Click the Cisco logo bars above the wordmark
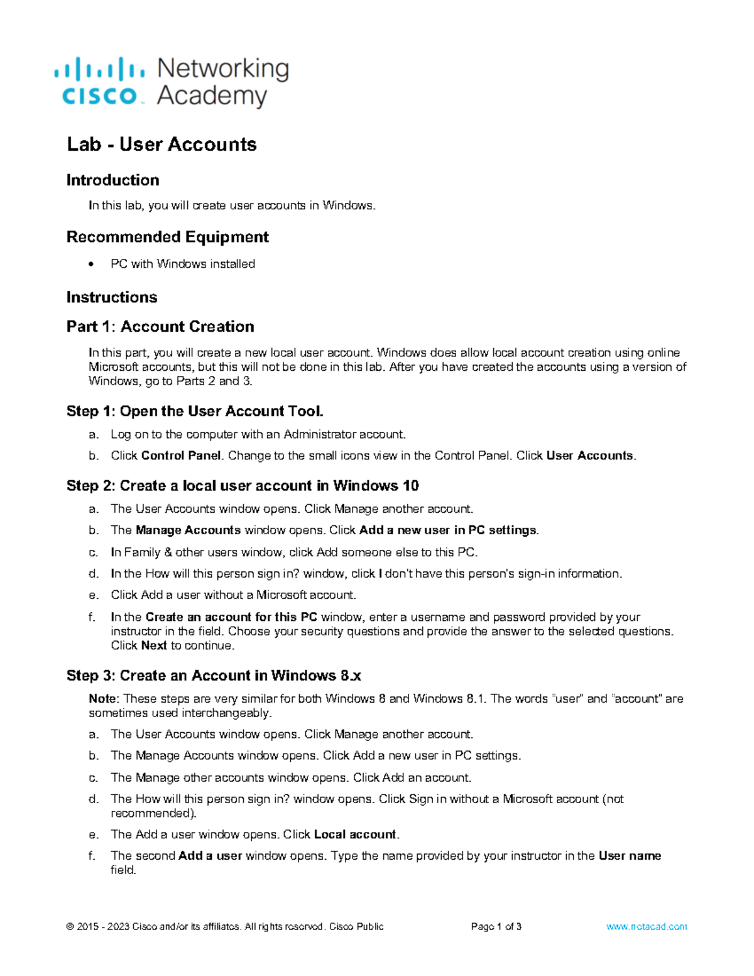(x=99, y=68)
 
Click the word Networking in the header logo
(x=223, y=69)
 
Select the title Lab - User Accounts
(x=161, y=145)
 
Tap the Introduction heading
(x=112, y=180)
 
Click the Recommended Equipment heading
(x=167, y=237)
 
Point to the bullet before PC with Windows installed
(x=92, y=265)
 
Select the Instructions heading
(x=112, y=297)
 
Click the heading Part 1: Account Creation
(x=160, y=327)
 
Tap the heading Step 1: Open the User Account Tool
(x=195, y=412)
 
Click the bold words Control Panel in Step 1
(x=181, y=456)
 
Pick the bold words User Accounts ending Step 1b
(x=590, y=456)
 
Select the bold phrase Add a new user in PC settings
(x=448, y=530)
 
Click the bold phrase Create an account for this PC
(x=231, y=617)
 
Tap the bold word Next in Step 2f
(x=154, y=645)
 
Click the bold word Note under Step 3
(x=102, y=699)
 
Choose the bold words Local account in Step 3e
(x=355, y=835)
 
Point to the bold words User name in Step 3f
(x=630, y=856)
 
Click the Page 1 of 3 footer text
(x=496, y=926)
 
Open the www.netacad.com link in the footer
(x=647, y=926)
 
